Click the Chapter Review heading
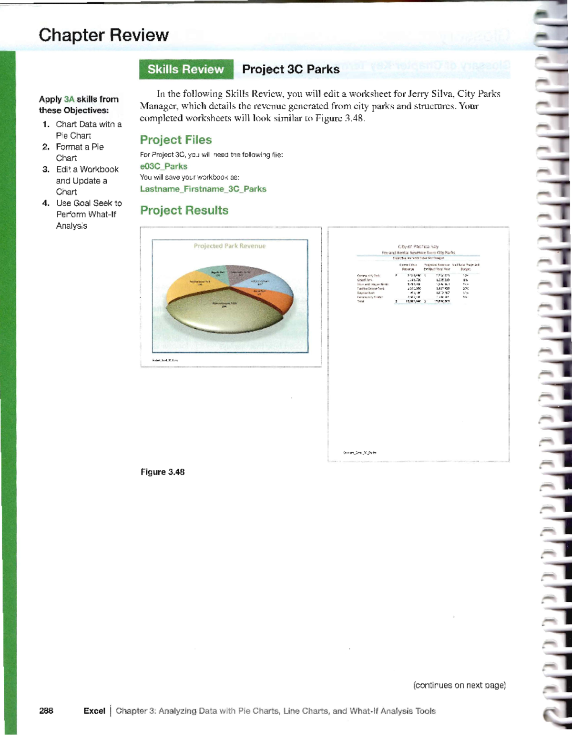pos(103,35)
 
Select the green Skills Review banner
pos(186,70)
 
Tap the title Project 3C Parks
pos(291,70)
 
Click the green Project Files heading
pos(176,140)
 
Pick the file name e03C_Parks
pos(163,166)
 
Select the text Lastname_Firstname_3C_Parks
pos(203,189)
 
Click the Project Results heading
pos(184,211)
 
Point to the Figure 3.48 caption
pos(163,472)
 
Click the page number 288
pos(46,711)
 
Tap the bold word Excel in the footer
pos(94,711)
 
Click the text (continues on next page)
pos(459,686)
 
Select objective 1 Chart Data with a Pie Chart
pos(88,130)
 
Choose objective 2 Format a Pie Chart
pos(79,152)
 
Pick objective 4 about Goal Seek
pos(88,214)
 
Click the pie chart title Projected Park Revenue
pos(229,246)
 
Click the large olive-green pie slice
pos(224,314)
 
